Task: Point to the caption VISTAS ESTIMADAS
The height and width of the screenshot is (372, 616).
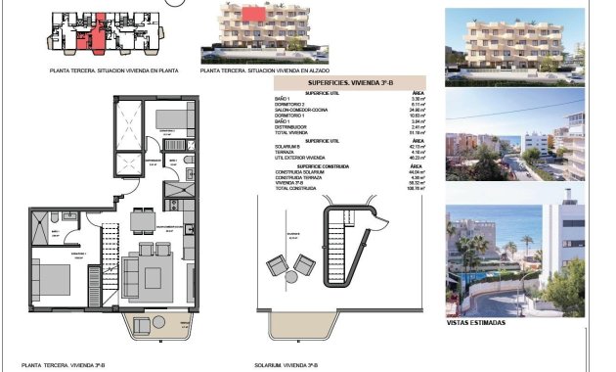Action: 475,322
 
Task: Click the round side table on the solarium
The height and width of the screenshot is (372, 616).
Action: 290,277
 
